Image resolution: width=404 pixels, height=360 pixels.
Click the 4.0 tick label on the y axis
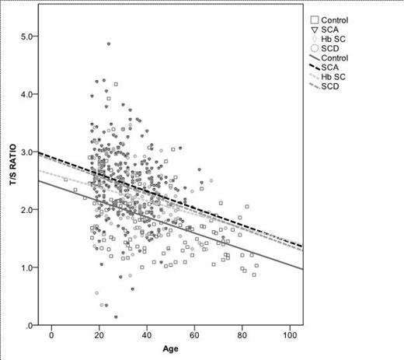[x=29, y=94]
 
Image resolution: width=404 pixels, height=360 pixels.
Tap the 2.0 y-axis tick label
[x=29, y=210]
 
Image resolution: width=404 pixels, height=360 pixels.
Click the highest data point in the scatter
[x=109, y=44]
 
